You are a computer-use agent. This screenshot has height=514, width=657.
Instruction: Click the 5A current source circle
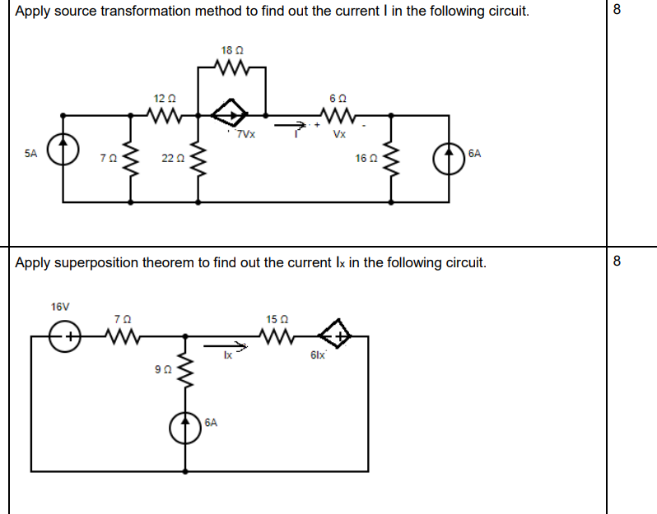[64, 154]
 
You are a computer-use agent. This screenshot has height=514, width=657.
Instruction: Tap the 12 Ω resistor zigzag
[165, 114]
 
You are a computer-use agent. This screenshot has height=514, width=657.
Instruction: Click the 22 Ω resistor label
[171, 158]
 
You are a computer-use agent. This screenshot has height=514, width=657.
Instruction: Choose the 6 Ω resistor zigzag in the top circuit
[340, 114]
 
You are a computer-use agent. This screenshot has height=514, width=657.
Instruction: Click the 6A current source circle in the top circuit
[450, 154]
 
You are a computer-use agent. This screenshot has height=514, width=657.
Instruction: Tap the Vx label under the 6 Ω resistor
[339, 135]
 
